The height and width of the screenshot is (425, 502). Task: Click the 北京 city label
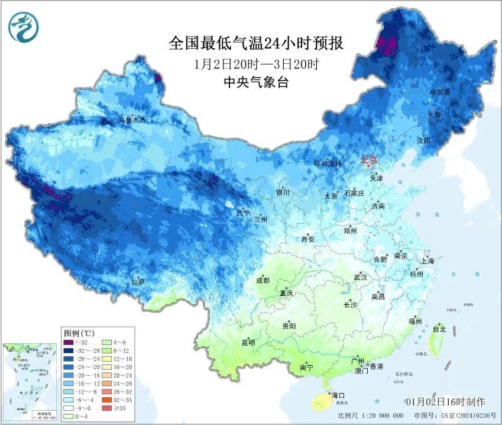click(x=370, y=159)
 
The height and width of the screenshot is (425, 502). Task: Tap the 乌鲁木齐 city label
click(x=132, y=120)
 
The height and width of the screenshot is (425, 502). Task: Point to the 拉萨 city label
click(x=138, y=282)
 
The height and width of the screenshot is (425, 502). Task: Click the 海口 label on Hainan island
click(x=338, y=395)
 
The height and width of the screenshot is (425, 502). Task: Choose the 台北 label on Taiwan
click(x=439, y=329)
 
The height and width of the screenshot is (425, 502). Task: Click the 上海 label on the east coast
click(x=427, y=261)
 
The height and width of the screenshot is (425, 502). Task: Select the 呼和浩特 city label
click(x=328, y=164)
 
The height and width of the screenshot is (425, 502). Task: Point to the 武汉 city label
click(x=360, y=277)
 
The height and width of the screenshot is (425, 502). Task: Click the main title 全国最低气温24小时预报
click(x=256, y=44)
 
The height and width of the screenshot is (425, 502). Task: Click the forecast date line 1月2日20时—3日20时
click(x=256, y=64)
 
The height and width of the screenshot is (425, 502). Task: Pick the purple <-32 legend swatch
click(x=69, y=342)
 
